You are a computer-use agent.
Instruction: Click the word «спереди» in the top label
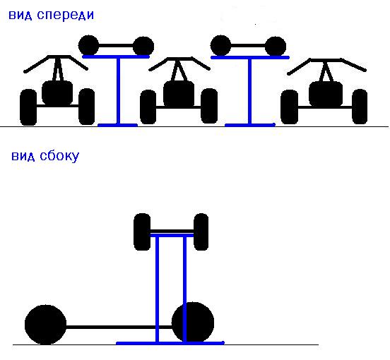tap(66, 15)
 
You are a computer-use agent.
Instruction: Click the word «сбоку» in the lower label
tap(59, 157)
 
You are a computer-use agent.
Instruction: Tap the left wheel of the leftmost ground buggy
tap(28, 107)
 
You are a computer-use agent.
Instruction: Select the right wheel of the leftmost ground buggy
tap(87, 107)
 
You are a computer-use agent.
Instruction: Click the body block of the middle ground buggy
tap(179, 93)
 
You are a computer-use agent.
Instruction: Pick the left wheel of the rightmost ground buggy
tap(289, 107)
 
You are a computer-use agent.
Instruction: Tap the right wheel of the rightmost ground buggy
tap(360, 107)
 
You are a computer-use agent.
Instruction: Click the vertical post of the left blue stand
tap(119, 91)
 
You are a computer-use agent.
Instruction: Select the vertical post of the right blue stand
tap(249, 92)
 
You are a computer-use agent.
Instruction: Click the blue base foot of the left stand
tap(118, 125)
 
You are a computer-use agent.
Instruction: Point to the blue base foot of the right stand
tap(250, 125)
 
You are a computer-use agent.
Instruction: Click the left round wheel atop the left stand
tap(88, 45)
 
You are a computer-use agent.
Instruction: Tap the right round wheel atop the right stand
tap(276, 46)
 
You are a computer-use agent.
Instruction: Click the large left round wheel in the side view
tap(45, 325)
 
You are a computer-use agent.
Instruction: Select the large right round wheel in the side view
tap(193, 323)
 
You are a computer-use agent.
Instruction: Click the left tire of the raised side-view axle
tap(142, 232)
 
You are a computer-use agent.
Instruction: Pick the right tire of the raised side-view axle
tap(201, 232)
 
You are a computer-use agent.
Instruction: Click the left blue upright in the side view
tap(157, 289)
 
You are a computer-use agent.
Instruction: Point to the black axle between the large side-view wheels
tap(119, 328)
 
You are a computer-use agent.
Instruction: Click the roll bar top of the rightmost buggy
tap(326, 60)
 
